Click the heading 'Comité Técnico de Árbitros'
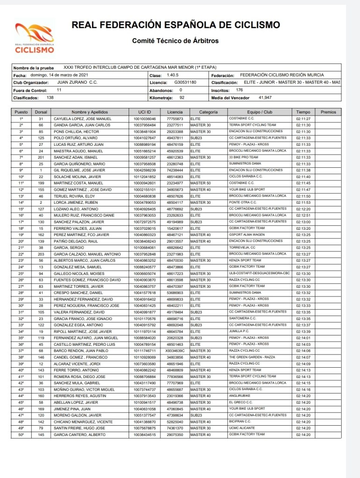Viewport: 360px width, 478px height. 175,41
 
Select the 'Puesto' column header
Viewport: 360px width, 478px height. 21,112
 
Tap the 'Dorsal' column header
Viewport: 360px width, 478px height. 41,112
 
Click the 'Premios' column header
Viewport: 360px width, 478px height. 328,112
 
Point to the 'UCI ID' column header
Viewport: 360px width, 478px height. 144,112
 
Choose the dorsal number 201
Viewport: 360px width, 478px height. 41,157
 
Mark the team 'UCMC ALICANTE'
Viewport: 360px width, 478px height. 242,428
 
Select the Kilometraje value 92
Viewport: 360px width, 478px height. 182,98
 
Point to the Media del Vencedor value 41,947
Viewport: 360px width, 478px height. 265,98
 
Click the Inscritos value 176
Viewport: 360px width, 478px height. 240,90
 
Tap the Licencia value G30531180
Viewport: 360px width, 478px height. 185,82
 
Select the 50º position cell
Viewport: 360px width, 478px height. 21,434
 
